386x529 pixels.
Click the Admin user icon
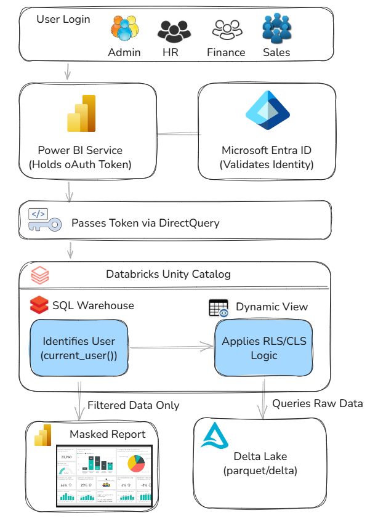[124, 28]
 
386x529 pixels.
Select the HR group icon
[171, 30]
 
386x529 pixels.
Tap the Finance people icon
[226, 30]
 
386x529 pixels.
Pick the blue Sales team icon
[276, 28]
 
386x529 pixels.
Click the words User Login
[63, 19]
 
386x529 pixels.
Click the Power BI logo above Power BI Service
[81, 115]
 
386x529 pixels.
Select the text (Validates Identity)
[267, 164]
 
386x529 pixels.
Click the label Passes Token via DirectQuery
[145, 223]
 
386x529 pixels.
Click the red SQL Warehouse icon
[39, 304]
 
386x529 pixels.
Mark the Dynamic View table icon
[219, 309]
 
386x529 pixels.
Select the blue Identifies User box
[80, 348]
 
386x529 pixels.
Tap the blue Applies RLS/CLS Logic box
[263, 348]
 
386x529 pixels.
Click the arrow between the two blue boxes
[171, 349]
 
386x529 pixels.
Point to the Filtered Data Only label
[134, 405]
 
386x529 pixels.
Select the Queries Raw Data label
[318, 403]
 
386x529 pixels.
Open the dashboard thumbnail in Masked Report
[104, 475]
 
